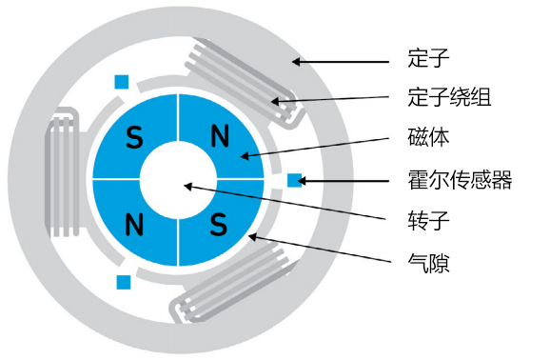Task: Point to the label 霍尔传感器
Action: pyautogui.click(x=460, y=179)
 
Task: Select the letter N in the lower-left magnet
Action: pyautogui.click(x=134, y=225)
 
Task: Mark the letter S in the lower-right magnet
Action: pyautogui.click(x=220, y=225)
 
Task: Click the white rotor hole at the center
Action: pyautogui.click(x=178, y=180)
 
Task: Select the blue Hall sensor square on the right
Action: pyautogui.click(x=295, y=179)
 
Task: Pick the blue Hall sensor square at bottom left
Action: pyautogui.click(x=123, y=282)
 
